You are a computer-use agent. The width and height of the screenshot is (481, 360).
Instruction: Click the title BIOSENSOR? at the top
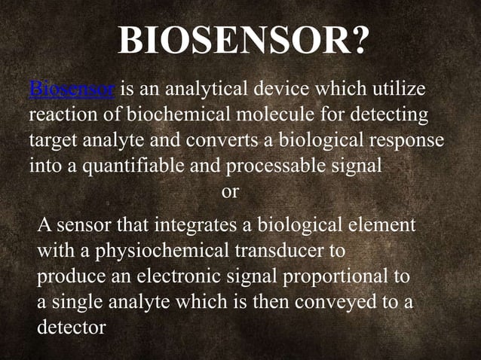(243, 41)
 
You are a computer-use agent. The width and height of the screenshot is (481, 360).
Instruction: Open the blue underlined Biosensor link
(72, 91)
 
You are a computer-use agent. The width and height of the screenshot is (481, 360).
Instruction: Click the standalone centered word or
(230, 192)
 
